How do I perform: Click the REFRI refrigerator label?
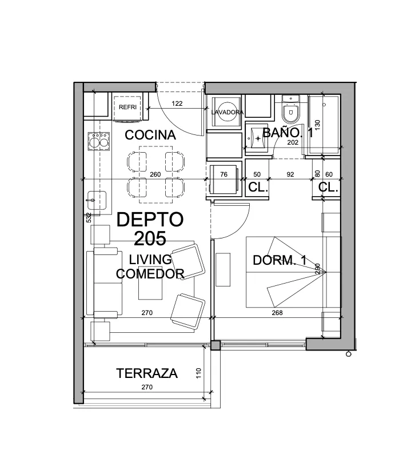pyautogui.click(x=127, y=107)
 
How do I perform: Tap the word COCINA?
pyautogui.click(x=150, y=135)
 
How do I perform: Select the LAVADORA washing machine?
pyautogui.click(x=227, y=111)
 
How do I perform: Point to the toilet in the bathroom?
pyautogui.click(x=291, y=110)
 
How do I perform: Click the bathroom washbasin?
pyautogui.click(x=258, y=138)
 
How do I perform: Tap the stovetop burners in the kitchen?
pyautogui.click(x=99, y=141)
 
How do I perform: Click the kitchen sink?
pyautogui.click(x=97, y=200)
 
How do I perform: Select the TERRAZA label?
pyautogui.click(x=147, y=373)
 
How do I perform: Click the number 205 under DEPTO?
pyautogui.click(x=150, y=238)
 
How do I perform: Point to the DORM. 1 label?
pyautogui.click(x=280, y=260)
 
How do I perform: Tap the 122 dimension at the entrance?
pyautogui.click(x=177, y=103)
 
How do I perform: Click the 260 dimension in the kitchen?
pyautogui.click(x=155, y=174)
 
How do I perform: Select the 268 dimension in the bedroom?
pyautogui.click(x=277, y=313)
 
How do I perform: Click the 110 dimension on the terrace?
pyautogui.click(x=198, y=373)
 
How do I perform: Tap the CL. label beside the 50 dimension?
pyautogui.click(x=258, y=188)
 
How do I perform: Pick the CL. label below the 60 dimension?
pyautogui.click(x=328, y=188)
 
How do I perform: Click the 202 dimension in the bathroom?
pyautogui.click(x=293, y=142)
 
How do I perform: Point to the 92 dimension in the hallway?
pyautogui.click(x=290, y=174)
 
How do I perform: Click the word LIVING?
pyautogui.click(x=150, y=260)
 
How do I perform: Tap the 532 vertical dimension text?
pyautogui.click(x=89, y=217)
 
